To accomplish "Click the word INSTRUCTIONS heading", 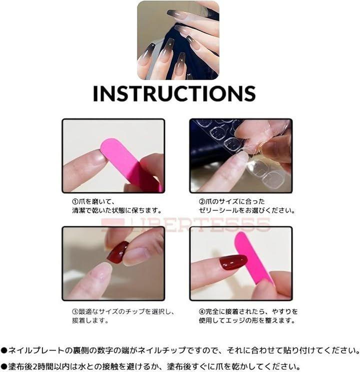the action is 174,94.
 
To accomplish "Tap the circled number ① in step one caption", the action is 75,202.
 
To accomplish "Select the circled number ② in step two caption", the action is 202,202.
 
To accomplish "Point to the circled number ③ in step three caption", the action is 75,311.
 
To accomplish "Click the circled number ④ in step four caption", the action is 202,311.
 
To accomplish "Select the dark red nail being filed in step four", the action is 233,262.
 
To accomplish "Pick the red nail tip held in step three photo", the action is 118,252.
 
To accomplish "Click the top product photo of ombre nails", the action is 178,41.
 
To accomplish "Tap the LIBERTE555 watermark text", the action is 186,224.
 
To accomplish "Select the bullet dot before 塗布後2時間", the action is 4,367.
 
